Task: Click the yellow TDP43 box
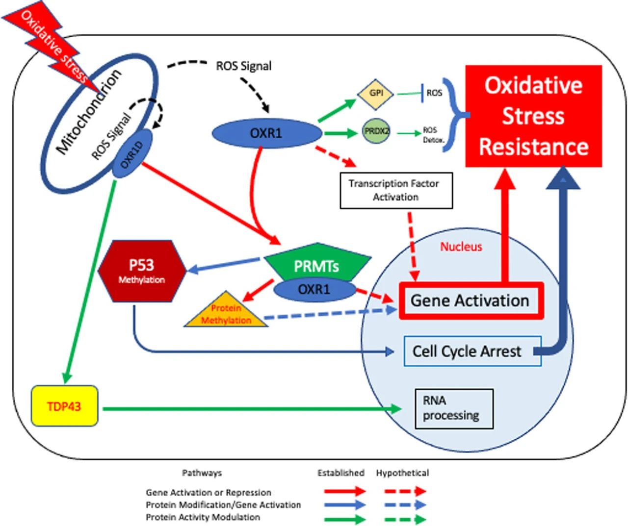coord(65,406)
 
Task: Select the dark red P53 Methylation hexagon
coord(142,271)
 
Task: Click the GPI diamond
coord(376,95)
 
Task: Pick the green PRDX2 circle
coord(376,131)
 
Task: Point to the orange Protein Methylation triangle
coord(226,310)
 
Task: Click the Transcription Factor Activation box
coord(396,190)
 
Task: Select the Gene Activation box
coord(471,301)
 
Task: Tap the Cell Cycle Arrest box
coord(472,351)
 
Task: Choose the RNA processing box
coord(454,408)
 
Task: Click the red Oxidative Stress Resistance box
coord(534,116)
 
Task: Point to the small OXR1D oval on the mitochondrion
coord(132,154)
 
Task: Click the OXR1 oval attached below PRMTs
coord(314,290)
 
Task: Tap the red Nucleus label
coord(461,247)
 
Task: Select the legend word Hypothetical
coord(402,473)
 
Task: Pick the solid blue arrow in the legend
coord(345,505)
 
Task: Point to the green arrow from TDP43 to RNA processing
coord(252,409)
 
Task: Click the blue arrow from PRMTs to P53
coord(223,265)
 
